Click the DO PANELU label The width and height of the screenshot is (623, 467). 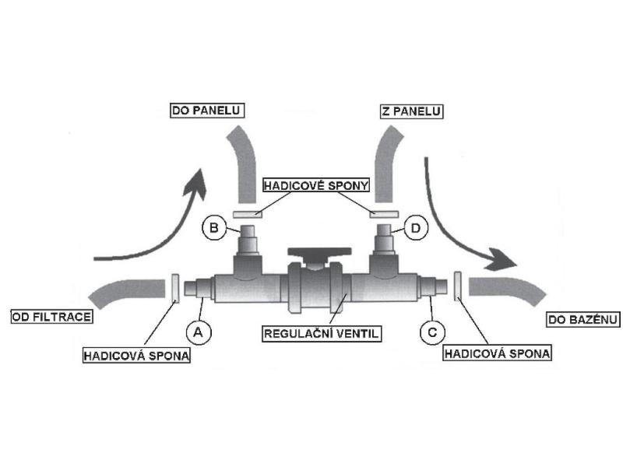pyautogui.click(x=206, y=111)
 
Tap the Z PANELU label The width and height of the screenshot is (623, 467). pyautogui.click(x=411, y=111)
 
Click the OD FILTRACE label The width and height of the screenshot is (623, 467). pyautogui.click(x=51, y=317)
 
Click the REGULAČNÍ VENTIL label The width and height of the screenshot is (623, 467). pyautogui.click(x=320, y=334)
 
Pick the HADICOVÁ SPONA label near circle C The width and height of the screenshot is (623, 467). pyautogui.click(x=497, y=353)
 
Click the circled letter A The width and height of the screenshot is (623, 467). pyautogui.click(x=198, y=332)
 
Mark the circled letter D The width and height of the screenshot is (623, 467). pyautogui.click(x=416, y=228)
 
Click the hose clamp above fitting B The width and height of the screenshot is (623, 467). pyautogui.click(x=248, y=212)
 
